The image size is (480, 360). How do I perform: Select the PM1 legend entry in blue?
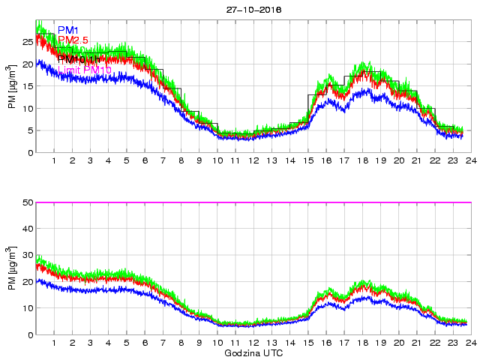pyautogui.click(x=68, y=30)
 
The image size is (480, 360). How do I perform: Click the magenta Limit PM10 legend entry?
pyautogui.click(x=84, y=70)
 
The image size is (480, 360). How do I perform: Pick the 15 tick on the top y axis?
pyautogui.click(x=28, y=86)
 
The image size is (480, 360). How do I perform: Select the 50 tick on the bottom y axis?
pyautogui.click(x=28, y=202)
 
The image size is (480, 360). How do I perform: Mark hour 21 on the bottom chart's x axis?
pyautogui.click(x=416, y=343)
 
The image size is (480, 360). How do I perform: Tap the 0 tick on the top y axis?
pyautogui.click(x=31, y=153)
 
